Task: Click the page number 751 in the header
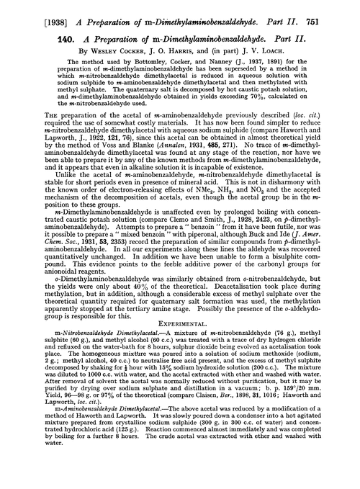[x=345, y=9]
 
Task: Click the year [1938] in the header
[x=27, y=9]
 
